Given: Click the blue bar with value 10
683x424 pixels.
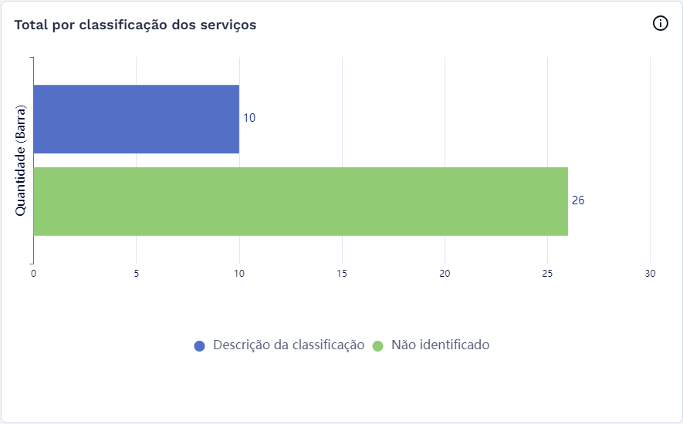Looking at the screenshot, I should point(136,119).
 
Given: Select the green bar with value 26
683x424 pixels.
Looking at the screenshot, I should point(300,201).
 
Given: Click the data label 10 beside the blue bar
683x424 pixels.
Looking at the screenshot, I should point(249,118).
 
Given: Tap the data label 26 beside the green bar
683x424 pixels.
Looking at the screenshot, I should point(578,200).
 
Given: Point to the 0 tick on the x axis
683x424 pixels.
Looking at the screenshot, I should point(33,274).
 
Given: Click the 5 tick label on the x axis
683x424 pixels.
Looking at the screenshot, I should point(136,274).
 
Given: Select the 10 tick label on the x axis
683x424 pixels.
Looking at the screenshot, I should point(239,274).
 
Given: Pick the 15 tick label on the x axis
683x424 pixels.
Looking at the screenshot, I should point(342,274).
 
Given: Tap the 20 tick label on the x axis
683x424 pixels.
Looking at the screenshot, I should point(445,274).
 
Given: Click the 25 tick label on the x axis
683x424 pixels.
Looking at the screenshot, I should point(547,274).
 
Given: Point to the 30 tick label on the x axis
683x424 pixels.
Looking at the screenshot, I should point(650,274).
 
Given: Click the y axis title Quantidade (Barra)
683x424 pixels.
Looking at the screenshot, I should point(22,160).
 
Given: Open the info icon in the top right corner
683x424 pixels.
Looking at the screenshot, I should point(660,23).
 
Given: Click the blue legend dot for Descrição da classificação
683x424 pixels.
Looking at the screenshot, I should point(200,346).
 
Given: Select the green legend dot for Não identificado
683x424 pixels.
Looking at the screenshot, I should point(378,346).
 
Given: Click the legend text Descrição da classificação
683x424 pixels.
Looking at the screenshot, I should point(289,345).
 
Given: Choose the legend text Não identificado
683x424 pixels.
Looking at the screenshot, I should point(440,345).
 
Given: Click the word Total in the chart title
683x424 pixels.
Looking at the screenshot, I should point(30,25).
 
